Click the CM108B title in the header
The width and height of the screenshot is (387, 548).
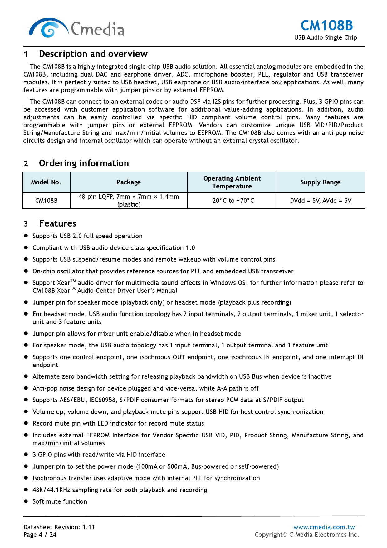326,26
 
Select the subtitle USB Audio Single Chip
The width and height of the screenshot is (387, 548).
325,37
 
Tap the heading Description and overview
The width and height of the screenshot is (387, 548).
93,54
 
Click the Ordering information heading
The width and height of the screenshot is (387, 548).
84,163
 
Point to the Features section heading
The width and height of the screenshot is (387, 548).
57,224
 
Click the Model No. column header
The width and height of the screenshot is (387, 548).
46,182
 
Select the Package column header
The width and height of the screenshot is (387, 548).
129,182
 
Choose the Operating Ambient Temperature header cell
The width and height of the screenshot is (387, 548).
232,182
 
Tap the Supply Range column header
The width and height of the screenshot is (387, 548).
321,182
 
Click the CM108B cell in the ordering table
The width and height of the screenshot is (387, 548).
46,201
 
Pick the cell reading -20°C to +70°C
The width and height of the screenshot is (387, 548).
232,201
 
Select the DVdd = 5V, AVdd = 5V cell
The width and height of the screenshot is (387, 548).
321,201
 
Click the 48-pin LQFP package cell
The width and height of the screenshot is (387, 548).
129,201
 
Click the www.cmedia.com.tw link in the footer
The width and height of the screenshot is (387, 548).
324,527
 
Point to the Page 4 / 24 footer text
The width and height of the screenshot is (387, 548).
40,535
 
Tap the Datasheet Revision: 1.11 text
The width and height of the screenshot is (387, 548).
59,527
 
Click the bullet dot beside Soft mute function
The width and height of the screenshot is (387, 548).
26,501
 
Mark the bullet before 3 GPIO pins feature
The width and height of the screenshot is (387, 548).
26,454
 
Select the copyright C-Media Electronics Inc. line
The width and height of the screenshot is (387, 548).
307,535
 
